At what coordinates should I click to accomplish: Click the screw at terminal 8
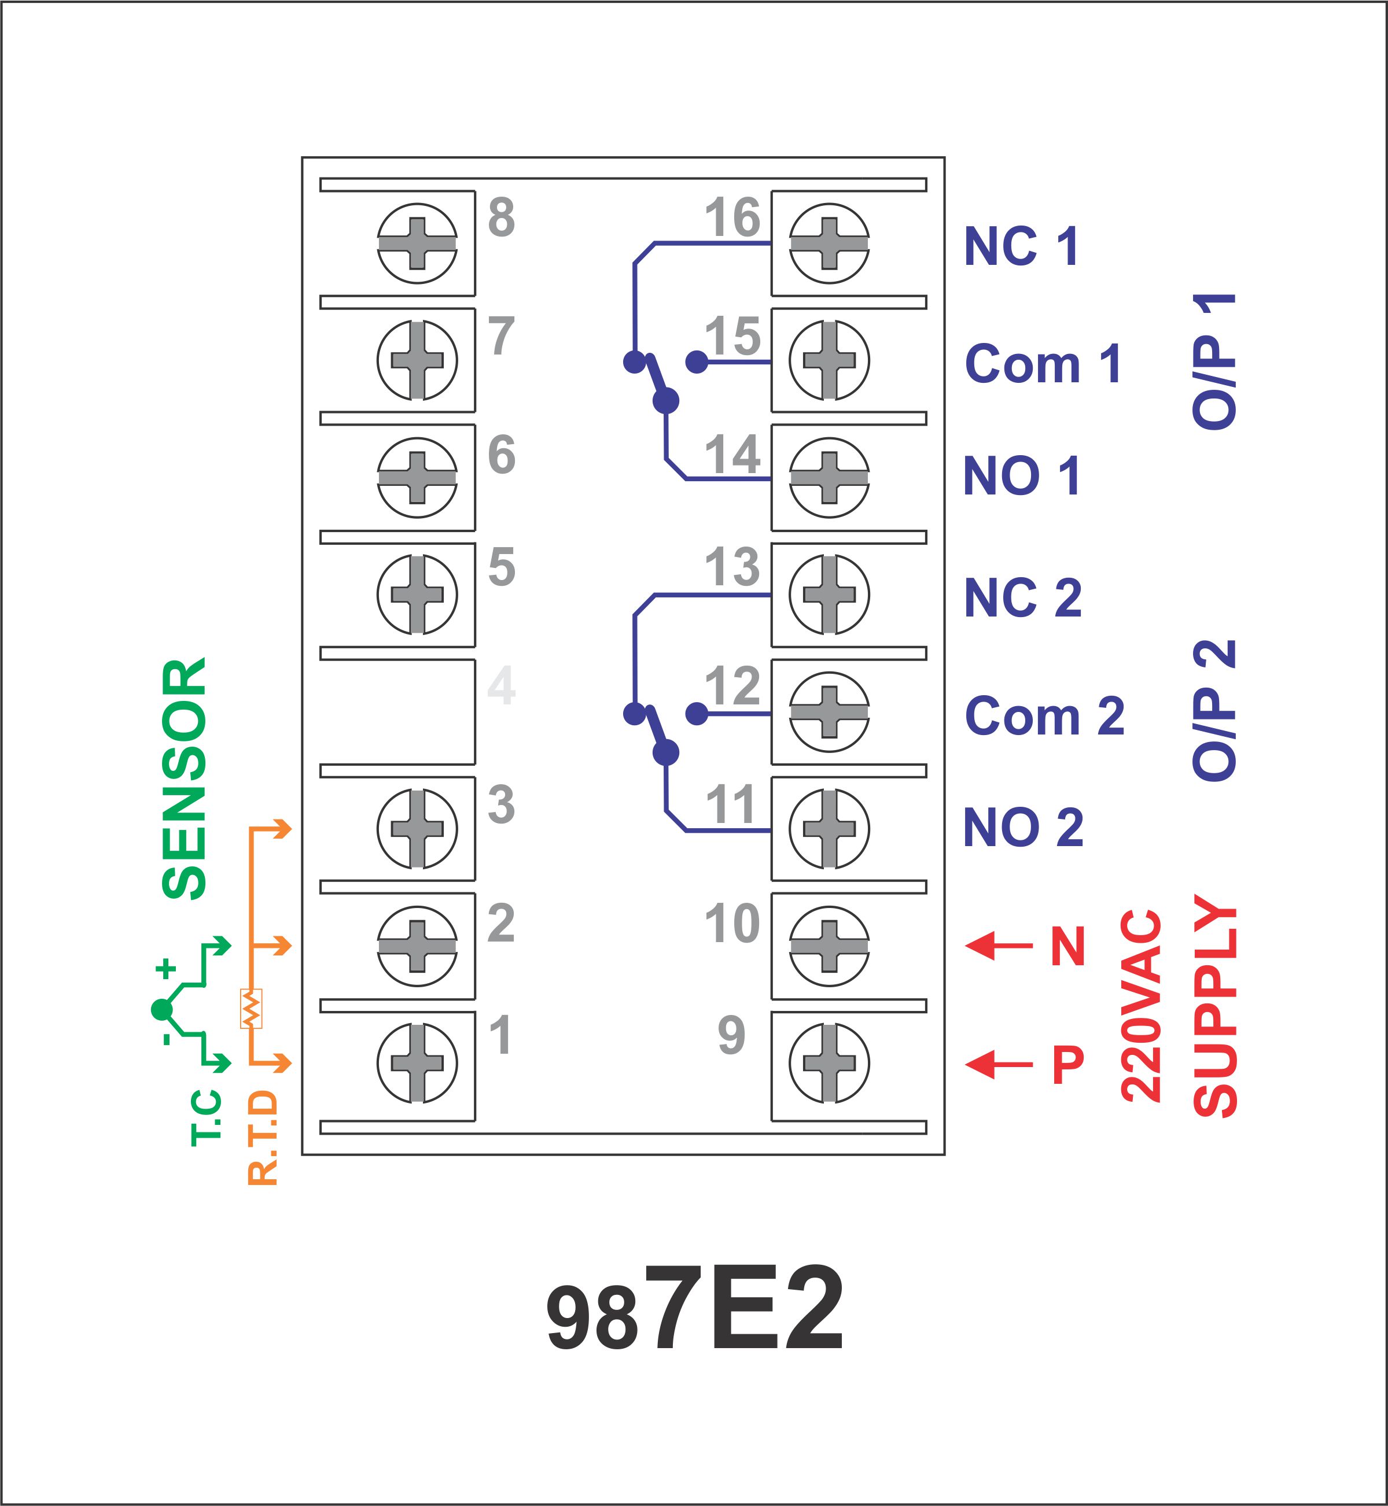(417, 243)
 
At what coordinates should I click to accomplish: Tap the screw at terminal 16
(829, 243)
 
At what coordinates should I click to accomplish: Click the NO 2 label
(1023, 828)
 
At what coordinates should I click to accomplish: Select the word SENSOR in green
(184, 778)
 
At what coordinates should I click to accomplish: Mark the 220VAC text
(1141, 1005)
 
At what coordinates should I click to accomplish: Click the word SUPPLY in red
(1214, 1005)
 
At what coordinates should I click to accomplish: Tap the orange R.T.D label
(263, 1138)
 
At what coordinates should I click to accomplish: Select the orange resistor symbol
(251, 1008)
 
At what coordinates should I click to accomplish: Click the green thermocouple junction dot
(161, 1010)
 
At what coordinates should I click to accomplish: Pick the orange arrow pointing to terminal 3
(270, 829)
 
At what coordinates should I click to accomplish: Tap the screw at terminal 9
(829, 1063)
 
